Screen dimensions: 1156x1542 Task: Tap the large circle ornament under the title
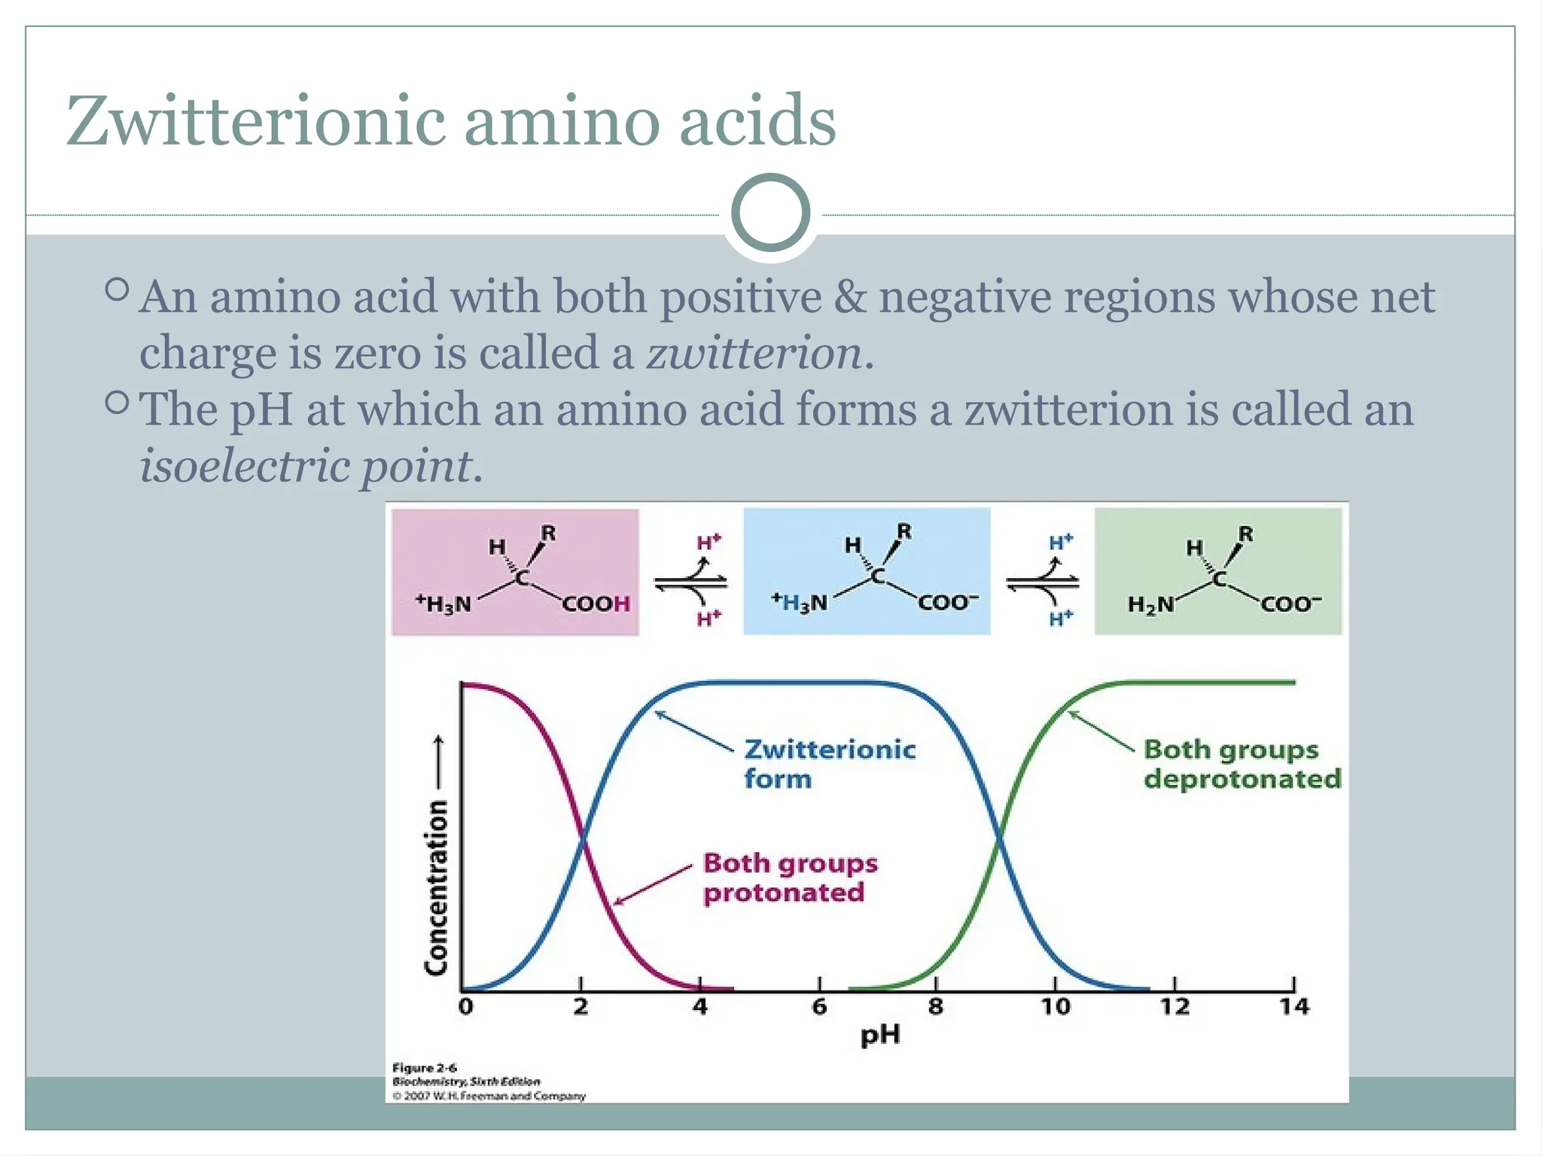pyautogui.click(x=770, y=213)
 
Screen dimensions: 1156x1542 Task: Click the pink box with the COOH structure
pyautogui.click(x=515, y=572)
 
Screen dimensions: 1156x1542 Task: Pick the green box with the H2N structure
pyautogui.click(x=1217, y=572)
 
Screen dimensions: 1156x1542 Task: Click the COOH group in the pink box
pyautogui.click(x=596, y=604)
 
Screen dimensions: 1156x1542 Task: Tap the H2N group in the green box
pyautogui.click(x=1150, y=604)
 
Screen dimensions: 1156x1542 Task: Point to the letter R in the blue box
pyautogui.click(x=904, y=531)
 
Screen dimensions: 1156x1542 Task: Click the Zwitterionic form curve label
pyautogui.click(x=830, y=764)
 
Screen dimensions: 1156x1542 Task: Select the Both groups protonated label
pyautogui.click(x=790, y=878)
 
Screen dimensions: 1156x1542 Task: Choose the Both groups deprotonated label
pyautogui.click(x=1242, y=764)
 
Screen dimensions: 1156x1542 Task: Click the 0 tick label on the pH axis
pyautogui.click(x=466, y=1006)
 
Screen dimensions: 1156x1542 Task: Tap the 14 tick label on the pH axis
pyautogui.click(x=1294, y=1006)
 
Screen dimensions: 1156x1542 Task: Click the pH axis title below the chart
pyautogui.click(x=880, y=1036)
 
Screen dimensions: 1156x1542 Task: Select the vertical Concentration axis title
pyautogui.click(x=437, y=888)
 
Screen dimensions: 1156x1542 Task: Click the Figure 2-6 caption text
pyautogui.click(x=425, y=1067)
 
